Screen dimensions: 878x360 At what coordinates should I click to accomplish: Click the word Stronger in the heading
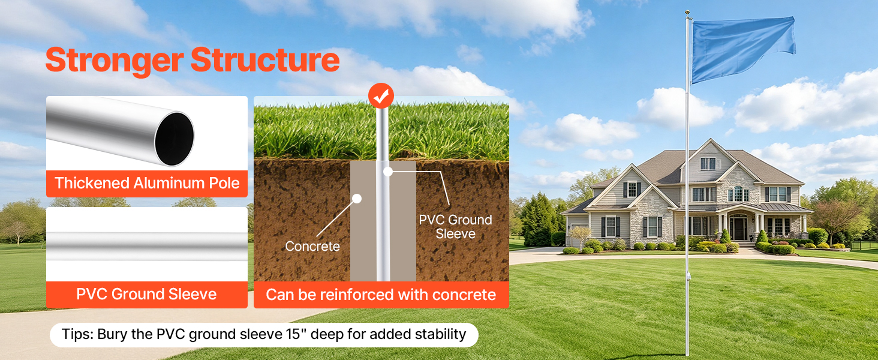[x=115, y=61]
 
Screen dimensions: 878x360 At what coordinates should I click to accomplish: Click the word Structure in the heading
[x=265, y=60]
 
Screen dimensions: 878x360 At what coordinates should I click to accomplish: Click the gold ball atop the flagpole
[x=687, y=13]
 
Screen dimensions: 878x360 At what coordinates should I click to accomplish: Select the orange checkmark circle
[x=381, y=95]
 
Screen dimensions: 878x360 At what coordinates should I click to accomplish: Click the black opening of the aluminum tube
[x=174, y=139]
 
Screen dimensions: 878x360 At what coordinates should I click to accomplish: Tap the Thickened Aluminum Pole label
[x=147, y=183]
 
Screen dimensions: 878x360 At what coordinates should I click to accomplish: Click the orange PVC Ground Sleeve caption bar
[x=147, y=294]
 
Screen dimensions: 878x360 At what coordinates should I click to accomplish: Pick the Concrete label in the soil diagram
[x=312, y=246]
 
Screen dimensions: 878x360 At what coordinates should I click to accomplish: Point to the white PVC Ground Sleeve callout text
[x=455, y=227]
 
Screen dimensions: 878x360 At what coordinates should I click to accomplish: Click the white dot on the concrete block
[x=357, y=199]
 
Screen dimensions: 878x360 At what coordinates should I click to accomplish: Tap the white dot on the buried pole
[x=388, y=172]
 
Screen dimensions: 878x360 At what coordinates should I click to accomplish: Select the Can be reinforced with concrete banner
[x=381, y=295]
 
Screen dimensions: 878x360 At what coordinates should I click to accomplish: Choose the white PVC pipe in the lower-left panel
[x=147, y=246]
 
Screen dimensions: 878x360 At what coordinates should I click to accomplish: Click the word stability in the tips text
[x=441, y=335]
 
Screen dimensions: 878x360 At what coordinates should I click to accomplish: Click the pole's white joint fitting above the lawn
[x=688, y=276]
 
